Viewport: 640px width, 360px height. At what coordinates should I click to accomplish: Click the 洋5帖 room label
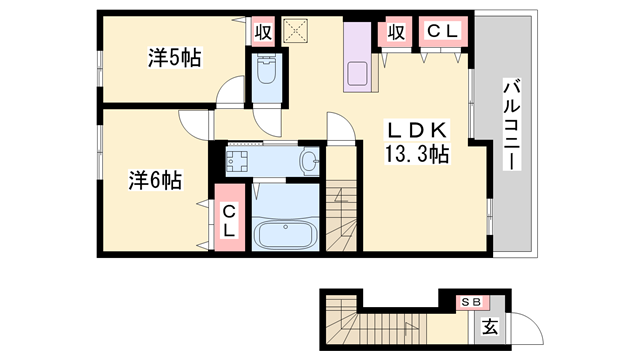coord(175,59)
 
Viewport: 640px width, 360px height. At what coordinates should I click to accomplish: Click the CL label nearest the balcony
coord(441,32)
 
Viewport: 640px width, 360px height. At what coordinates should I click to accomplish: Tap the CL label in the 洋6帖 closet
coord(229,219)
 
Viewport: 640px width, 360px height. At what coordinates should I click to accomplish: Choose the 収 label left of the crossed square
coord(263,31)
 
